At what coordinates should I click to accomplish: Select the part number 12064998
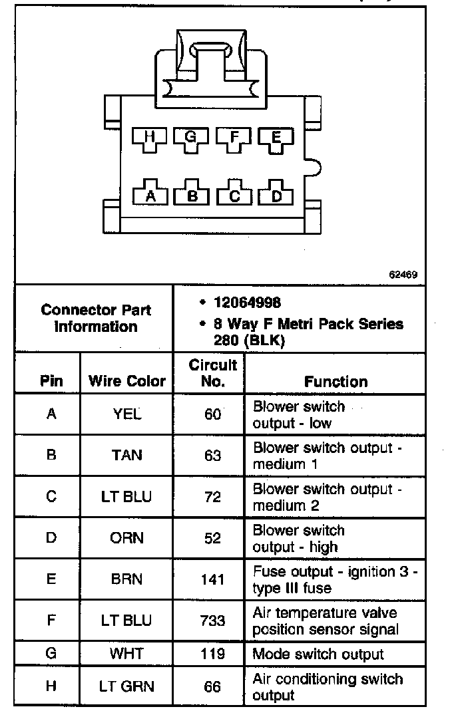point(247,303)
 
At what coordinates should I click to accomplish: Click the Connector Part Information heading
point(96,318)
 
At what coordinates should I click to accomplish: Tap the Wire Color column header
point(126,382)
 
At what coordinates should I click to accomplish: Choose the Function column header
point(336,382)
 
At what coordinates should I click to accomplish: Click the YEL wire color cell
point(126,414)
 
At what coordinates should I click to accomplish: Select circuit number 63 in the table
point(212,456)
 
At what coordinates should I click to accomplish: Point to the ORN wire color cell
point(126,538)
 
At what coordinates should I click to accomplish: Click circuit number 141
point(212,579)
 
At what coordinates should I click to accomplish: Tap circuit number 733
point(212,621)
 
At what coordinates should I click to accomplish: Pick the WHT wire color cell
point(126,653)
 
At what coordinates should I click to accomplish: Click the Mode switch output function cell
point(318,654)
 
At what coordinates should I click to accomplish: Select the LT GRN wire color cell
point(126,686)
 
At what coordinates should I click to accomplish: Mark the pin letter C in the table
point(51,497)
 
